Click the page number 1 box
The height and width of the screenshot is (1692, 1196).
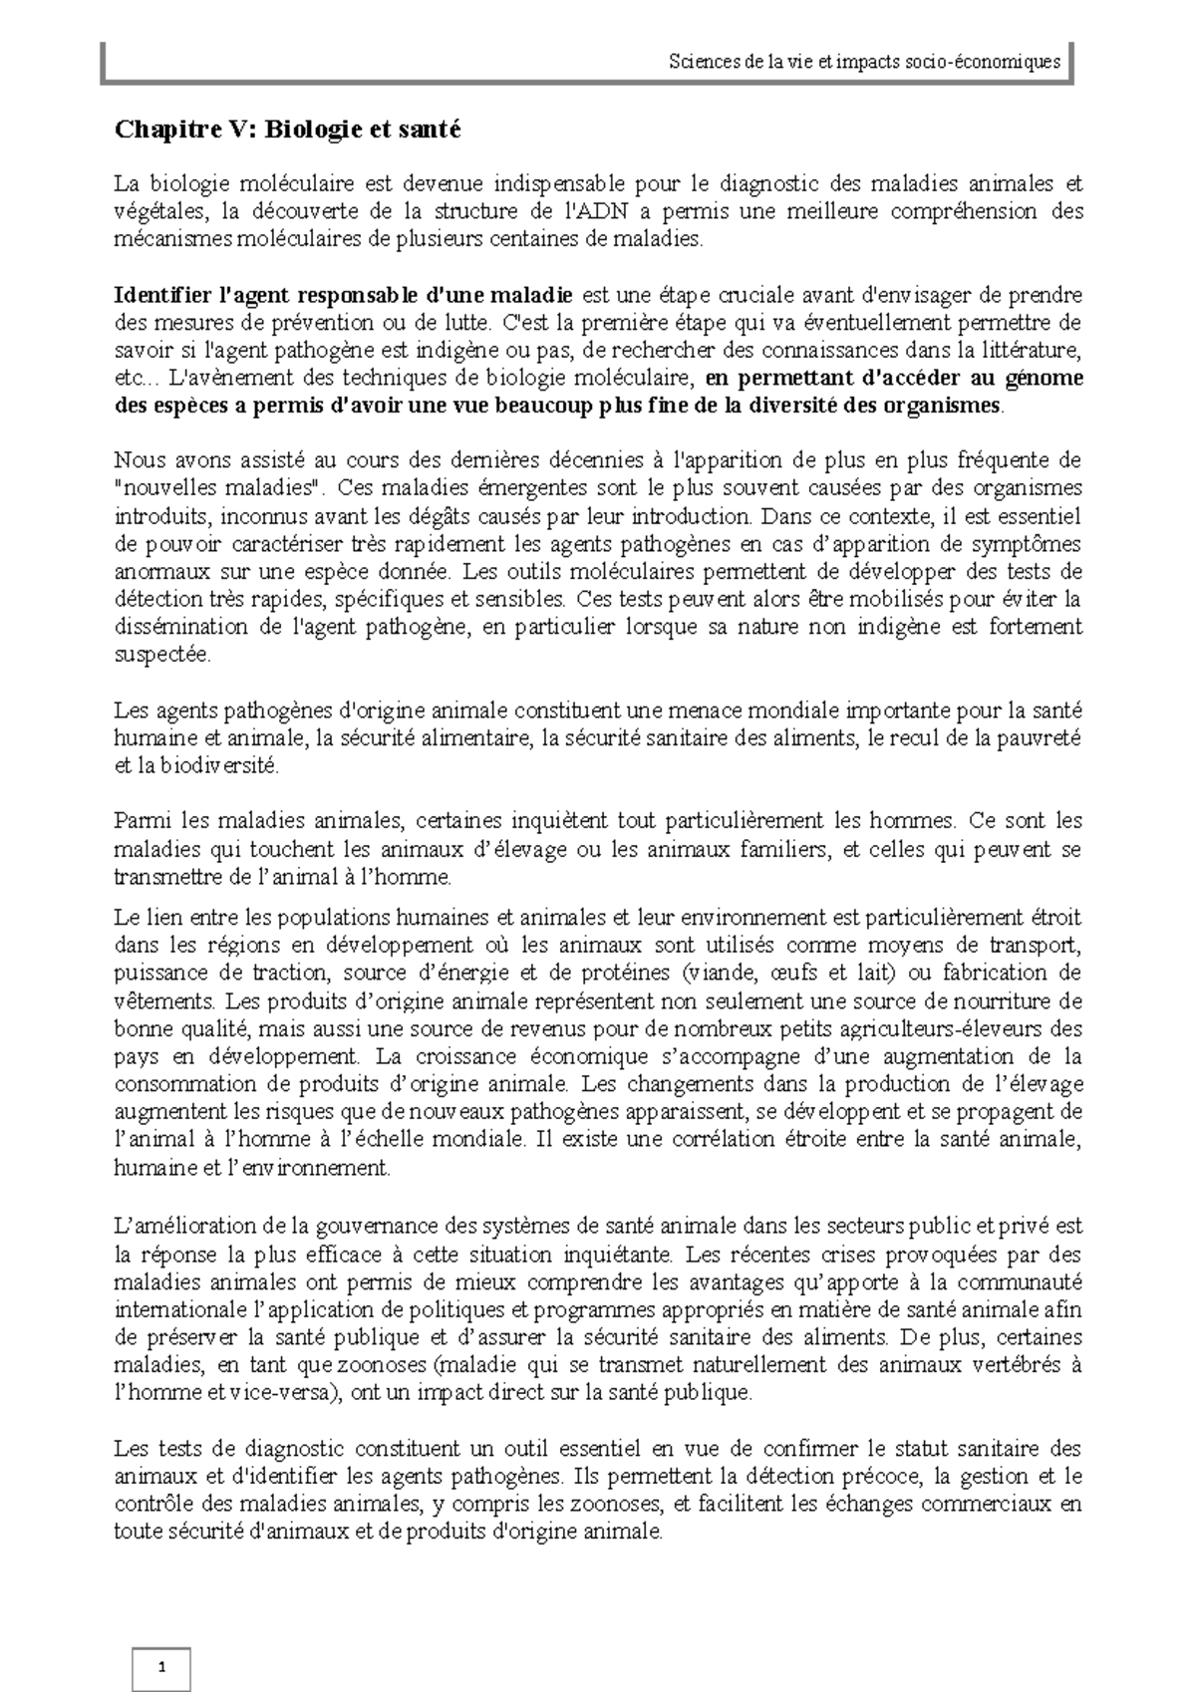coord(161,1669)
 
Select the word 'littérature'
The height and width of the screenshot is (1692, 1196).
coord(1037,351)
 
